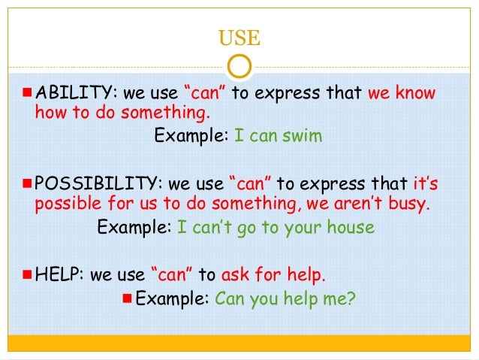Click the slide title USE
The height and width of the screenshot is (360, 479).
pyautogui.click(x=239, y=36)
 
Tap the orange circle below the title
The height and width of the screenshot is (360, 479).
pyautogui.click(x=239, y=66)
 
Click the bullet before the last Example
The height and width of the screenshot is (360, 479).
pyautogui.click(x=126, y=298)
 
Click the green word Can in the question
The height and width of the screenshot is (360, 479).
pyautogui.click(x=228, y=298)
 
